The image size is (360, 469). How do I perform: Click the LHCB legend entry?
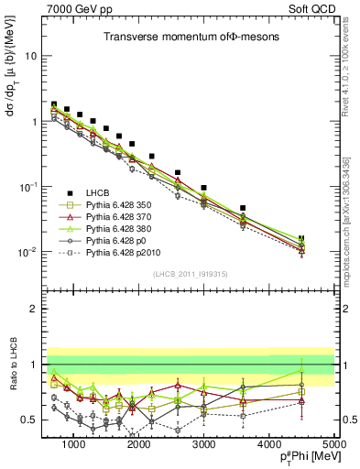click(x=98, y=191)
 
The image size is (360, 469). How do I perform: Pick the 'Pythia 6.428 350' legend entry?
click(x=116, y=204)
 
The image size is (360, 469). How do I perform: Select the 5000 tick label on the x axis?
click(x=333, y=444)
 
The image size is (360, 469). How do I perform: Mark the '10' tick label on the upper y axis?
click(x=30, y=56)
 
